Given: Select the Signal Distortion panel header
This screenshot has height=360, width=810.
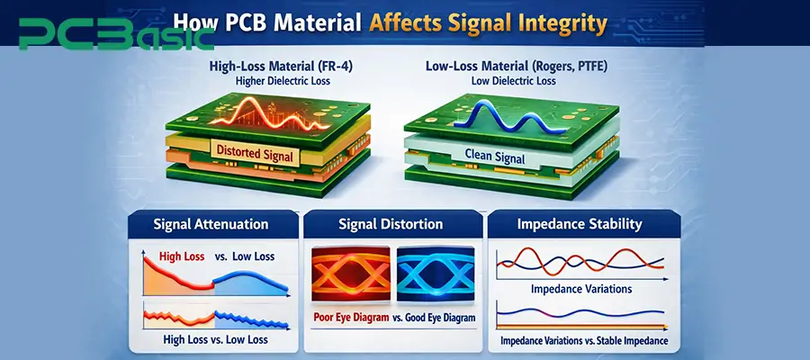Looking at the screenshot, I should pyautogui.click(x=391, y=223).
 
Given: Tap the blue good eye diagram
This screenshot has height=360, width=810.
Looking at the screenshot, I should pyautogui.click(x=436, y=274).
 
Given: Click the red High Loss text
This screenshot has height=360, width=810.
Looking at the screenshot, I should pyautogui.click(x=181, y=256).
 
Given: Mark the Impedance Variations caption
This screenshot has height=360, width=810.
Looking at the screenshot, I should pyautogui.click(x=581, y=290).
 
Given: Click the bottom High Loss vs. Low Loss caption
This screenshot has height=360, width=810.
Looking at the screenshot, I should pyautogui.click(x=210, y=339).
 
